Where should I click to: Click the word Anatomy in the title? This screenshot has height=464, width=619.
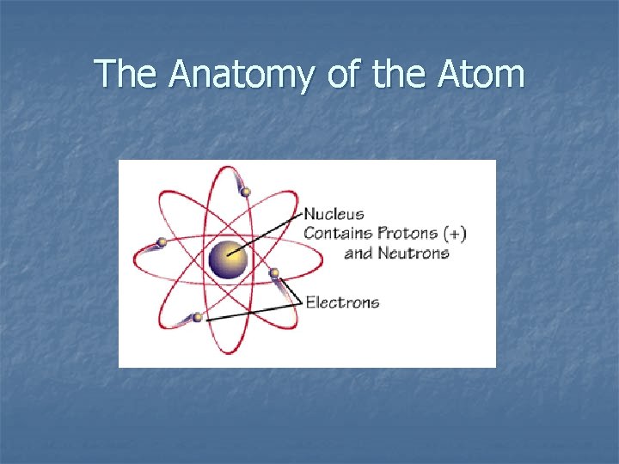pos(243,75)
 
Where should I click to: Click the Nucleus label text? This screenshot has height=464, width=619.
pos(334,214)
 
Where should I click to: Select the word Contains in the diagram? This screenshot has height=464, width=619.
pos(338,233)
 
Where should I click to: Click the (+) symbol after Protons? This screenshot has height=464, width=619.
pos(455,233)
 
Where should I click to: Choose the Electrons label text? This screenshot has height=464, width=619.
pos(342,302)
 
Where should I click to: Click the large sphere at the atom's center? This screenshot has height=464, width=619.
pos(229,259)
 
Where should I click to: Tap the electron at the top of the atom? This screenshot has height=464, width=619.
pos(246,192)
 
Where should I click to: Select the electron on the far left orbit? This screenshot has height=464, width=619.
pos(161,242)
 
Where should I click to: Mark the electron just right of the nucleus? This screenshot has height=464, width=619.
pos(274,273)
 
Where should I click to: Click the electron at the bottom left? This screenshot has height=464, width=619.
pos(198,317)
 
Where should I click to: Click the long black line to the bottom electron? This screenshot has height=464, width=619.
pos(254,311)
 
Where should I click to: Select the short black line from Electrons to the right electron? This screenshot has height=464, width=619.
pos(291,290)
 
